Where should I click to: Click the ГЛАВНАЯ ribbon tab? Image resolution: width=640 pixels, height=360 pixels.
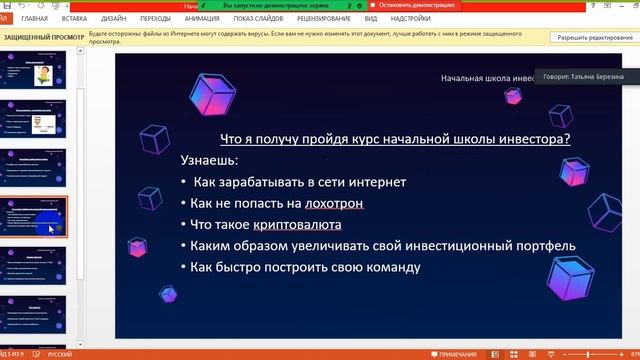[x=34, y=18]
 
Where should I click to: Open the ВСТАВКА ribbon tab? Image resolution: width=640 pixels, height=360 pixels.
[x=74, y=18]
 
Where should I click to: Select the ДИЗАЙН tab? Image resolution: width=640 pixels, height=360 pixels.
[x=113, y=18]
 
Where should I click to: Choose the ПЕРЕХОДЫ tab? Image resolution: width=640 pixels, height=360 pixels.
[x=155, y=18]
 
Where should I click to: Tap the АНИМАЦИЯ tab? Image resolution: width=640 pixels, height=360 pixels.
[x=202, y=18]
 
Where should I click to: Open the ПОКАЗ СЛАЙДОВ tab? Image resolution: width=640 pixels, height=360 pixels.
[x=257, y=18]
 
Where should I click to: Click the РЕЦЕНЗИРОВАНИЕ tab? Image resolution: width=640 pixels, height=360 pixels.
[x=322, y=18]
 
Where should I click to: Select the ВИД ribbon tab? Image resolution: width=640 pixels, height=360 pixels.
[x=371, y=18]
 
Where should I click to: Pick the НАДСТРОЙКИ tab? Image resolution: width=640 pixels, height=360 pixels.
[x=411, y=18]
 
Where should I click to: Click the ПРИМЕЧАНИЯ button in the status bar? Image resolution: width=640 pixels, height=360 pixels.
[x=459, y=354]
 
